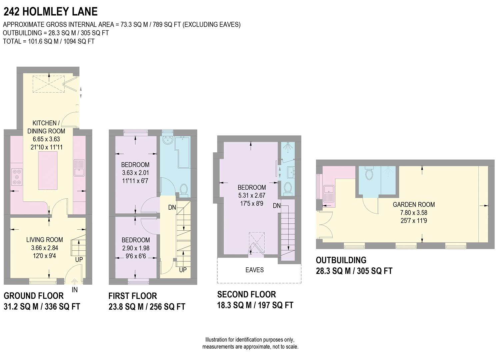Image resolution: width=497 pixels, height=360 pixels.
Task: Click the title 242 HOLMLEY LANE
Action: [x=50, y=12]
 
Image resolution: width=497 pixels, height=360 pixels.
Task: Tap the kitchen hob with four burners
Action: [x=17, y=177]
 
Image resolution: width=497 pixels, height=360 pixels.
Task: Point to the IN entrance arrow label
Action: [x=74, y=289]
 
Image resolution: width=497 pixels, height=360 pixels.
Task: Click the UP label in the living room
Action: [x=79, y=259]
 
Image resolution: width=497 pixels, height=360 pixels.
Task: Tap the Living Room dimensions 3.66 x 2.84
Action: [x=44, y=248]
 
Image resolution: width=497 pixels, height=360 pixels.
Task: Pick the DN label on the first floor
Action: [x=172, y=208]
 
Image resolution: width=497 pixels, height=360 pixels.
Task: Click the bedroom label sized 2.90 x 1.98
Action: [x=135, y=248]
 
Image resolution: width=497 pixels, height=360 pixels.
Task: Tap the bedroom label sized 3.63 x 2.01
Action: [x=135, y=173]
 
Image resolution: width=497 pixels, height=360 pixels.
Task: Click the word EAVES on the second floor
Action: [x=254, y=270]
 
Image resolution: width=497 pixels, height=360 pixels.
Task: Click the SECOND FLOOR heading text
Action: [x=246, y=294]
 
